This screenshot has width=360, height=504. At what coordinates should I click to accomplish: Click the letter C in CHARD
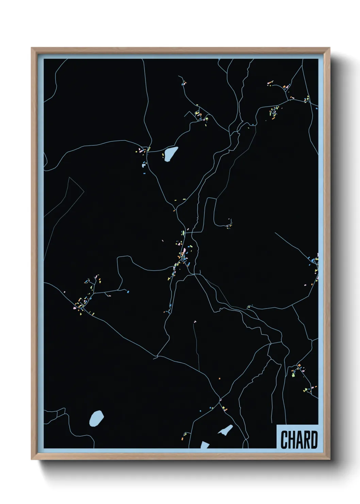click(284, 440)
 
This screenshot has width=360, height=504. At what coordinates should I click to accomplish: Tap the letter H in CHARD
click(292, 440)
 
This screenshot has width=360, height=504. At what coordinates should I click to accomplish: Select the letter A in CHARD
click(299, 440)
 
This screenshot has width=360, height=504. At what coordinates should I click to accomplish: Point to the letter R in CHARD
click(307, 440)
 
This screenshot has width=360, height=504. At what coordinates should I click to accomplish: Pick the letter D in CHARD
click(314, 440)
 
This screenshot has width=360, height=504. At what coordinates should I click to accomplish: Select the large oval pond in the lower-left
click(96, 418)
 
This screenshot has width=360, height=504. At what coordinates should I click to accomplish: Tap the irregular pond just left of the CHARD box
click(226, 430)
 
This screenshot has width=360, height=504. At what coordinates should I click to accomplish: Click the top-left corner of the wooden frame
click(32, 48)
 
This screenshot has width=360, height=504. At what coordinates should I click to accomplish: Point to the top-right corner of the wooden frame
click(329, 48)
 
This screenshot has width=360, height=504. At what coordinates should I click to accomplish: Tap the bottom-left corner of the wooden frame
click(32, 459)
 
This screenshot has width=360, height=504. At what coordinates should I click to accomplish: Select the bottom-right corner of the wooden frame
click(329, 459)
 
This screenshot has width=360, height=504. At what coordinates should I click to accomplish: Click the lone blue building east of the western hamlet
click(128, 292)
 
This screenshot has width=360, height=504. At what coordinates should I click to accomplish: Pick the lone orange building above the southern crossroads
click(220, 378)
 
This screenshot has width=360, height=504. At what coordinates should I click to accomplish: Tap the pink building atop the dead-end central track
click(195, 321)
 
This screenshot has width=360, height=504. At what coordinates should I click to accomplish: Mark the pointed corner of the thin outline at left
click(70, 177)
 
